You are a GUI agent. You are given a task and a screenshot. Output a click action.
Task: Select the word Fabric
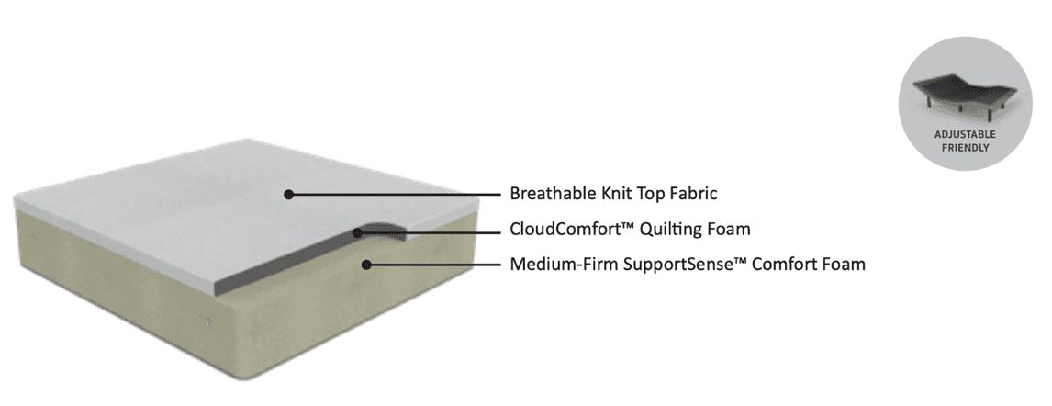pos(690,195)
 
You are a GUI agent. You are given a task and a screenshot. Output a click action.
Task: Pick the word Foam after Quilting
pos(731,230)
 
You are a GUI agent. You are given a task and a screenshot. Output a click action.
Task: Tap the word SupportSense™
pos(678,265)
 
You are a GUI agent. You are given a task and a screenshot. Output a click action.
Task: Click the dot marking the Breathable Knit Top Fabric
pos(288,195)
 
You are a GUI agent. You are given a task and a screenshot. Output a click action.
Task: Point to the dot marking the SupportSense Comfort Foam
pos(366,265)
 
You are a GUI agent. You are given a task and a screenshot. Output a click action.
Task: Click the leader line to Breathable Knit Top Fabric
pos(395,195)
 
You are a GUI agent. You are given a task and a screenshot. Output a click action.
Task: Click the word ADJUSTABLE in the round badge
pos(965,135)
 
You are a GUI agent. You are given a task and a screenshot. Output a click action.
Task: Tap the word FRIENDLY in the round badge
pos(965,145)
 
